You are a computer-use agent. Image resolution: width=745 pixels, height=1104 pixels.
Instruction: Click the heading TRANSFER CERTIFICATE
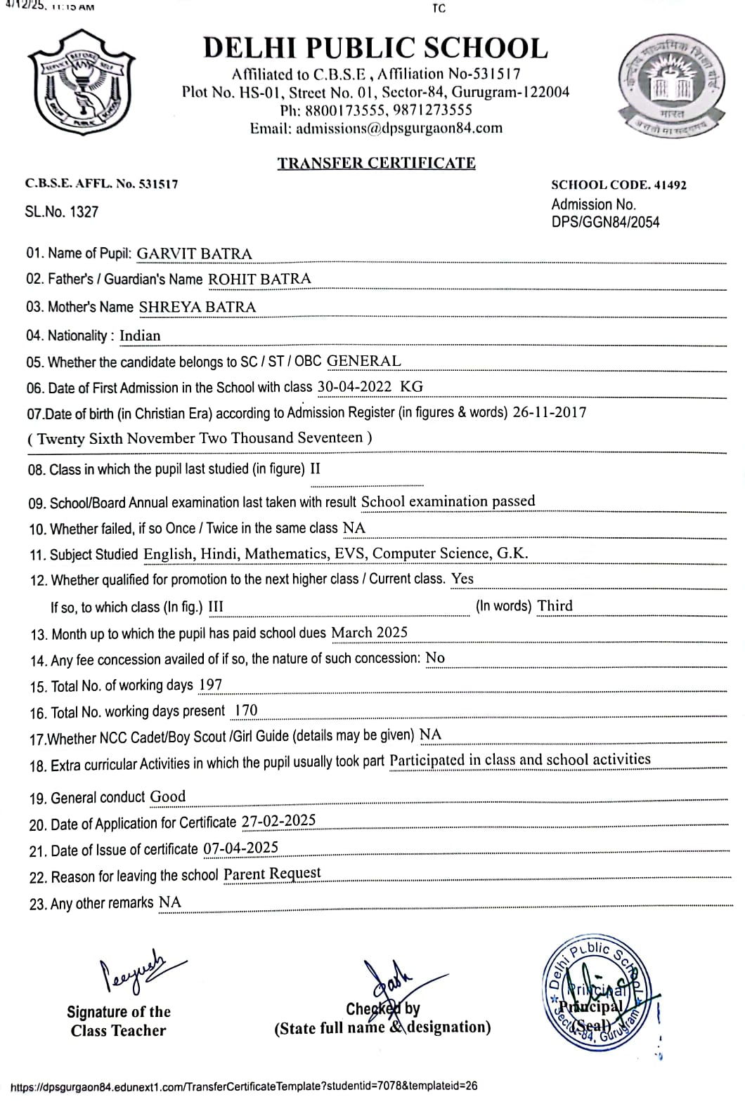(x=376, y=163)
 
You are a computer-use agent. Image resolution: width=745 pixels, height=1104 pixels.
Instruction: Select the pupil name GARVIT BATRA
(x=194, y=254)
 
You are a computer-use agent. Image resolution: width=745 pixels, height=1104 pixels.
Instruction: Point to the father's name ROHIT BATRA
(x=259, y=279)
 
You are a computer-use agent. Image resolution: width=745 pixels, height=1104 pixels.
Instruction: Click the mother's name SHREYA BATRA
(x=197, y=307)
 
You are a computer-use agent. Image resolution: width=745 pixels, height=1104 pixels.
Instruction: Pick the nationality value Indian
(x=140, y=336)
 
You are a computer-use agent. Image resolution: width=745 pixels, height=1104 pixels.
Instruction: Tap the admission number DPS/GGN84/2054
(x=605, y=223)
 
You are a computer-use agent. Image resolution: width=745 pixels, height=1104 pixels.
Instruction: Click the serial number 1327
(x=84, y=212)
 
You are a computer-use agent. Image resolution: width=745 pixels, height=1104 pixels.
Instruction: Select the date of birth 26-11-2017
(x=550, y=412)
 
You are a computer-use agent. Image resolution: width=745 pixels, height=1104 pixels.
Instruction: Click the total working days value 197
(x=211, y=685)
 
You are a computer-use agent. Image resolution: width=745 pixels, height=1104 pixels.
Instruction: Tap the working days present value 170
(x=245, y=711)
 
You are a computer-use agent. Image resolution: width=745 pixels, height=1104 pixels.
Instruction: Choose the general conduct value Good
(x=168, y=796)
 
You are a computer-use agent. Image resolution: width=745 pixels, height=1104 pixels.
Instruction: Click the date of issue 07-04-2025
(x=241, y=848)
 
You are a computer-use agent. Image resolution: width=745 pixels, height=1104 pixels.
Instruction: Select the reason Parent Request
(x=272, y=874)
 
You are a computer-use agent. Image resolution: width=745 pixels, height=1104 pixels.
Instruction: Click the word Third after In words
(x=555, y=605)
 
